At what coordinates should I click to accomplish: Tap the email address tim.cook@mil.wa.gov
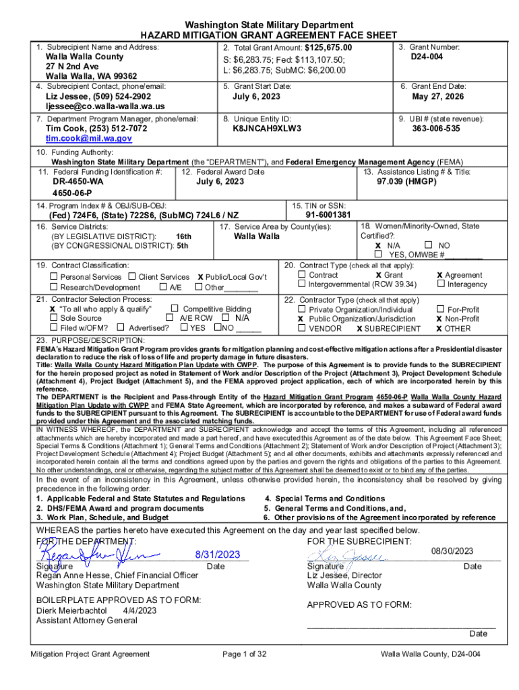88,138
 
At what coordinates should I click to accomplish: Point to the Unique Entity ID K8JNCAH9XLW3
267,128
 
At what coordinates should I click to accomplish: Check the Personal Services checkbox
55,277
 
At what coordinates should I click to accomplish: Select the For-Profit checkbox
441,309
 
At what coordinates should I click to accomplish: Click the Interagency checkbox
441,284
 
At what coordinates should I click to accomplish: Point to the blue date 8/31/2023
218,555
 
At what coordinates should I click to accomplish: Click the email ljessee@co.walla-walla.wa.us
104,106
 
